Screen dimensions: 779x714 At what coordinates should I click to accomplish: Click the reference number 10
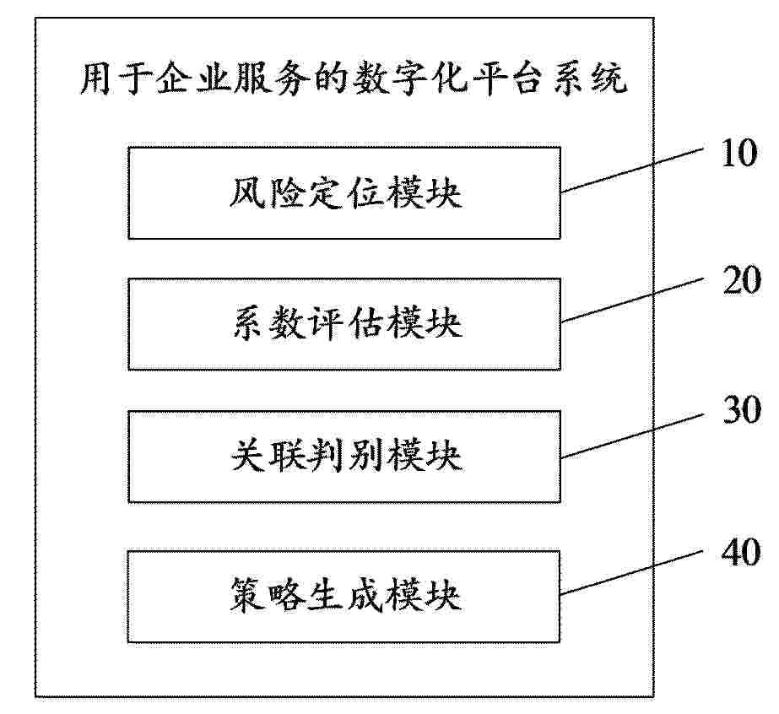pos(739,153)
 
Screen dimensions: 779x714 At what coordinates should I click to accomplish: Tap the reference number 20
pos(741,280)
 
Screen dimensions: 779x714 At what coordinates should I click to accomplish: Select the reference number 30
pos(741,410)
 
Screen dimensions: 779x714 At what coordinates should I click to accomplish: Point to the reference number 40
pos(741,551)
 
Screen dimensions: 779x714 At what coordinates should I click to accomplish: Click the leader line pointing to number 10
pos(632,170)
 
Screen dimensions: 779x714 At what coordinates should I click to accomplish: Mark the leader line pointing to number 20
pos(632,300)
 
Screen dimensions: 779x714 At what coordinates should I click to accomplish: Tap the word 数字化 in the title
pos(411,79)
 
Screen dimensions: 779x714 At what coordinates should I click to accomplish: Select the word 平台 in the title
pos(510,79)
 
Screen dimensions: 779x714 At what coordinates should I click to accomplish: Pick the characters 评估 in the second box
pos(345,324)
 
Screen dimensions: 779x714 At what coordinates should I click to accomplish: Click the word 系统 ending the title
pos(590,79)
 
